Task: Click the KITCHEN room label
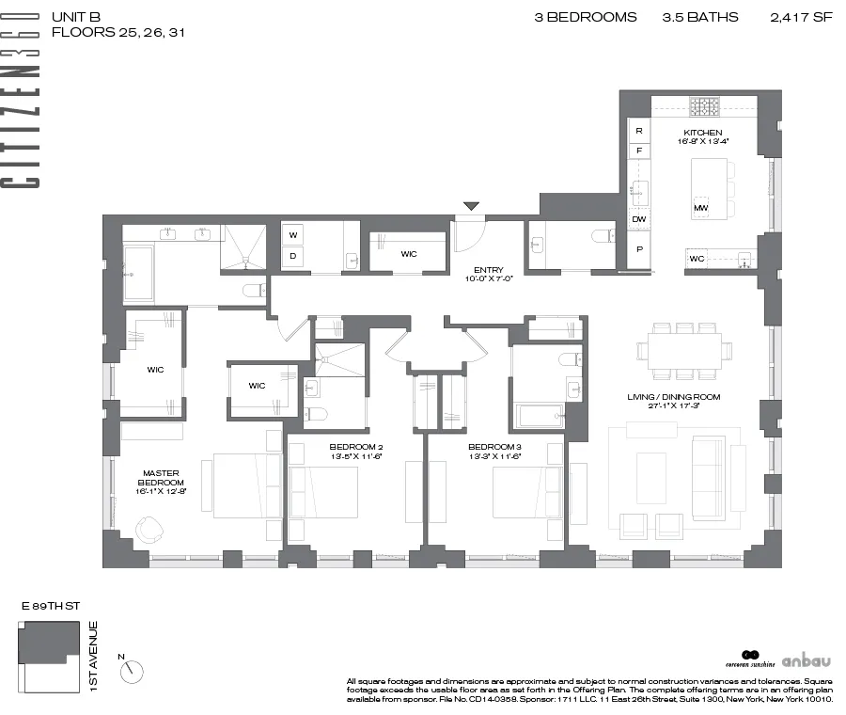pos(702,133)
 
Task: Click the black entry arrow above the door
pos(471,206)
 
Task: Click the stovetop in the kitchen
pos(703,106)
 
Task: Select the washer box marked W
pos(292,234)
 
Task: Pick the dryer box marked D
pos(292,256)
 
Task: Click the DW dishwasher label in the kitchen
pos(639,219)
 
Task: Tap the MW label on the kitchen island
pos(700,207)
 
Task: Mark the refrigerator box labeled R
pos(639,131)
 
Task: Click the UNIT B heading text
pos(76,17)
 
